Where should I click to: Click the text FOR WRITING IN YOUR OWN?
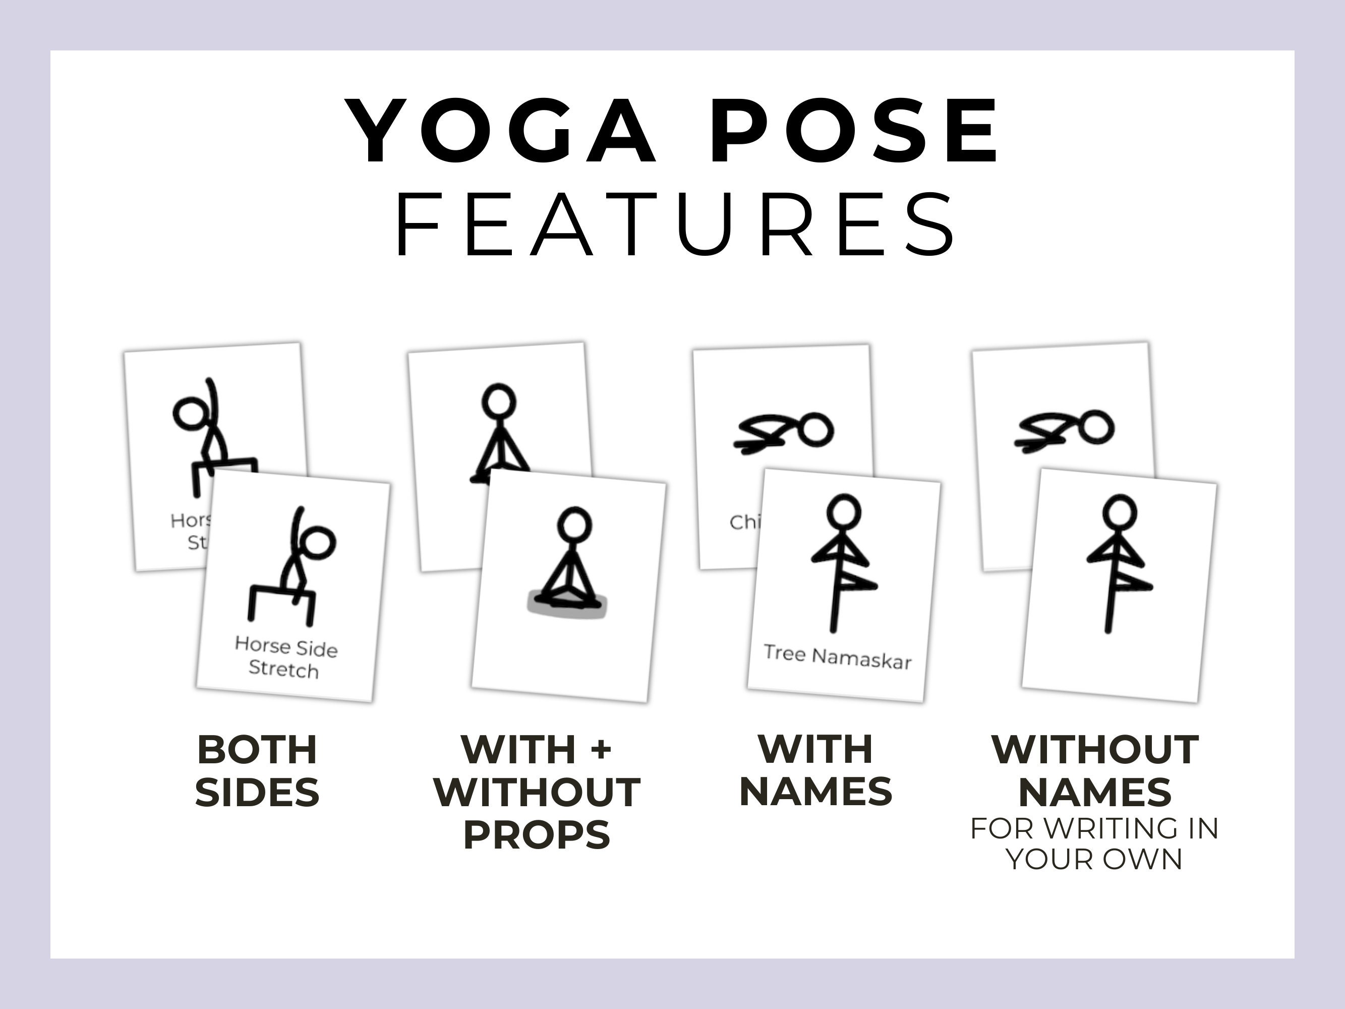pos(1094,844)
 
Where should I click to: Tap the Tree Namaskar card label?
pos(837,657)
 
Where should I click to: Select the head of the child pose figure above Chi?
pos(816,430)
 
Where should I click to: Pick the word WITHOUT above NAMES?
pos(1094,749)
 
